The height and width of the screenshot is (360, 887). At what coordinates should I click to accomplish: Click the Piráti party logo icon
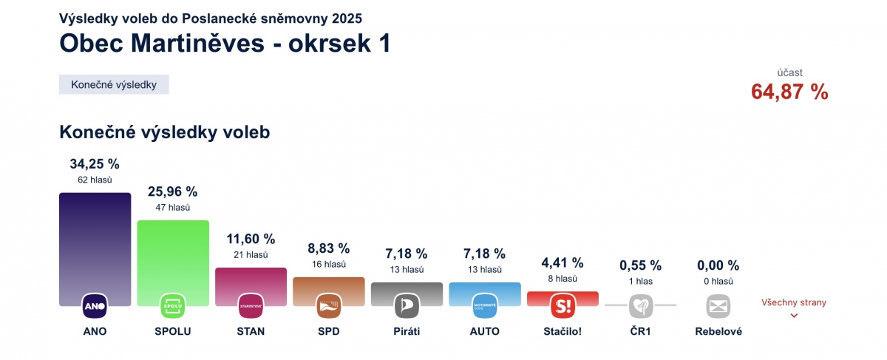pyautogui.click(x=407, y=305)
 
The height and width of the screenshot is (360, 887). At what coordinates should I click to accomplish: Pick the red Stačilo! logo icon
pyautogui.click(x=563, y=305)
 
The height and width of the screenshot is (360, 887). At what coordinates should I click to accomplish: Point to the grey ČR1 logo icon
pyautogui.click(x=640, y=305)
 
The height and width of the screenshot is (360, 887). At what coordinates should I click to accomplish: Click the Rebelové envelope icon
pyautogui.click(x=718, y=305)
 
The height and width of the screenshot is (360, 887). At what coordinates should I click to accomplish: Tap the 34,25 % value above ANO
pyautogui.click(x=95, y=163)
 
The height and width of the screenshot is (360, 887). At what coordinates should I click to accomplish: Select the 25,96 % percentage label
pyautogui.click(x=173, y=191)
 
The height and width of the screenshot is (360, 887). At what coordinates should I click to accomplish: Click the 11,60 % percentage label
pyautogui.click(x=251, y=239)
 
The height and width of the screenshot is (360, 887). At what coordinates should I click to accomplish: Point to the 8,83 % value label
pyautogui.click(x=328, y=248)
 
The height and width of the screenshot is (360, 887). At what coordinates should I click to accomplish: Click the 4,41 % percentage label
pyautogui.click(x=563, y=262)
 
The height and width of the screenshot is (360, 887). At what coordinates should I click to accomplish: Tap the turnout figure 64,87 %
pyautogui.click(x=789, y=92)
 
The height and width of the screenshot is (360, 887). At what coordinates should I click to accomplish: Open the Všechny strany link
pyautogui.click(x=794, y=302)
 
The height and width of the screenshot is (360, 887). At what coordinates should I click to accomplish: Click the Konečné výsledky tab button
pyautogui.click(x=114, y=84)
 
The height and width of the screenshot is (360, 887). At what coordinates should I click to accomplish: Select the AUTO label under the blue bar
pyautogui.click(x=484, y=331)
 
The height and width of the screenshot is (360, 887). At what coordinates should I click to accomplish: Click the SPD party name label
pyautogui.click(x=328, y=331)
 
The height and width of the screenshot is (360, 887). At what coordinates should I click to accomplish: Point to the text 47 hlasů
pyautogui.click(x=173, y=208)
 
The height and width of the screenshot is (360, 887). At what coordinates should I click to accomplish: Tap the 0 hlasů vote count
pyautogui.click(x=718, y=281)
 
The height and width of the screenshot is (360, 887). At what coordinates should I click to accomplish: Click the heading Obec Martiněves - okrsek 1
pyautogui.click(x=225, y=43)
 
